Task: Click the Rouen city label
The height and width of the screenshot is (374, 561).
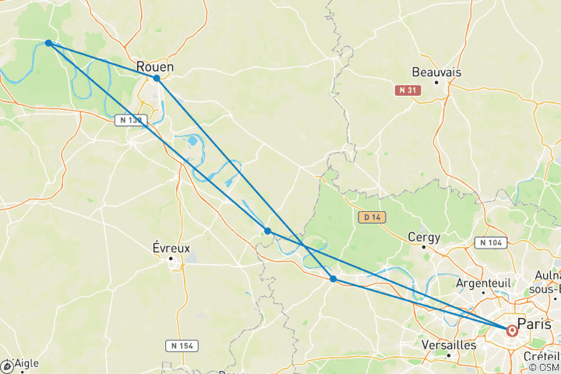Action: tap(154, 66)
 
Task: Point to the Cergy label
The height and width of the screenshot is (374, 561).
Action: tap(424, 237)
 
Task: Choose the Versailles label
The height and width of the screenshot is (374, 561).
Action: tap(448, 344)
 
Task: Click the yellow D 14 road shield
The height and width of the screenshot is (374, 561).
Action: tap(369, 217)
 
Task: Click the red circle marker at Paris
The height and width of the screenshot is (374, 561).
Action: tap(512, 330)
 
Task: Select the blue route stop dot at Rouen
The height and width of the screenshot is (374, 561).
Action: tap(157, 78)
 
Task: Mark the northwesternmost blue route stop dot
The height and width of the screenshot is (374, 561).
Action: tap(48, 43)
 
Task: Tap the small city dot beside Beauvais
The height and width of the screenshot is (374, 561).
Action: tap(436, 82)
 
